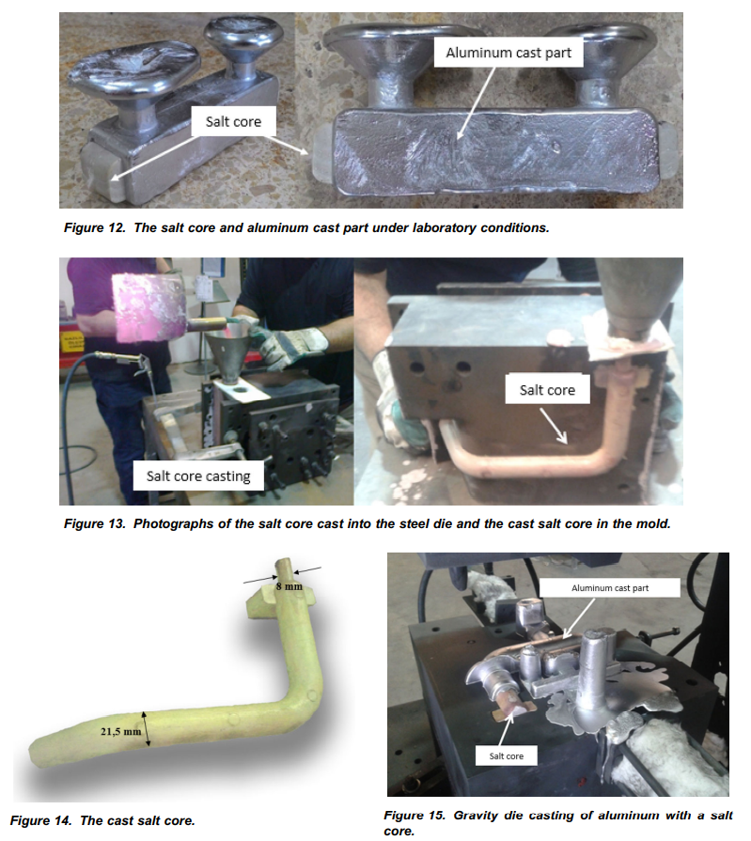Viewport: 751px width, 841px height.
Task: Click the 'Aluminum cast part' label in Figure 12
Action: (x=508, y=53)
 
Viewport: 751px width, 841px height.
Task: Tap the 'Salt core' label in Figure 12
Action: (x=233, y=122)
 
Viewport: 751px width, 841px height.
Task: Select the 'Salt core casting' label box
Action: (x=198, y=475)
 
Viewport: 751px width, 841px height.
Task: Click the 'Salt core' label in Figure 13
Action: (x=547, y=389)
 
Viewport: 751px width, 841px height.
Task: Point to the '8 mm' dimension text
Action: (x=289, y=586)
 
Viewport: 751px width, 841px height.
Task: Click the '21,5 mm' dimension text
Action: (x=121, y=731)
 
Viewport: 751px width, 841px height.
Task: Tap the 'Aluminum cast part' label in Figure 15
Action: (x=610, y=588)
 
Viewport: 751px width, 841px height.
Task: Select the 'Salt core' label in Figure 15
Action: (x=507, y=755)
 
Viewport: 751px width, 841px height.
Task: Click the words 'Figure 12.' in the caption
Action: (x=94, y=228)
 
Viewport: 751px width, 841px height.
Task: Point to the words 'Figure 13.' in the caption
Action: (x=94, y=523)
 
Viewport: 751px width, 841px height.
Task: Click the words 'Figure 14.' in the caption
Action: (x=40, y=820)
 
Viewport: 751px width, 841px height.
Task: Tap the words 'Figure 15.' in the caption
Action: (x=415, y=816)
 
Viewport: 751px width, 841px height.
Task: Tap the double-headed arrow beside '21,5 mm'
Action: (x=146, y=728)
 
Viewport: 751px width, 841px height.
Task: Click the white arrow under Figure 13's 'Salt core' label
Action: (x=553, y=426)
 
